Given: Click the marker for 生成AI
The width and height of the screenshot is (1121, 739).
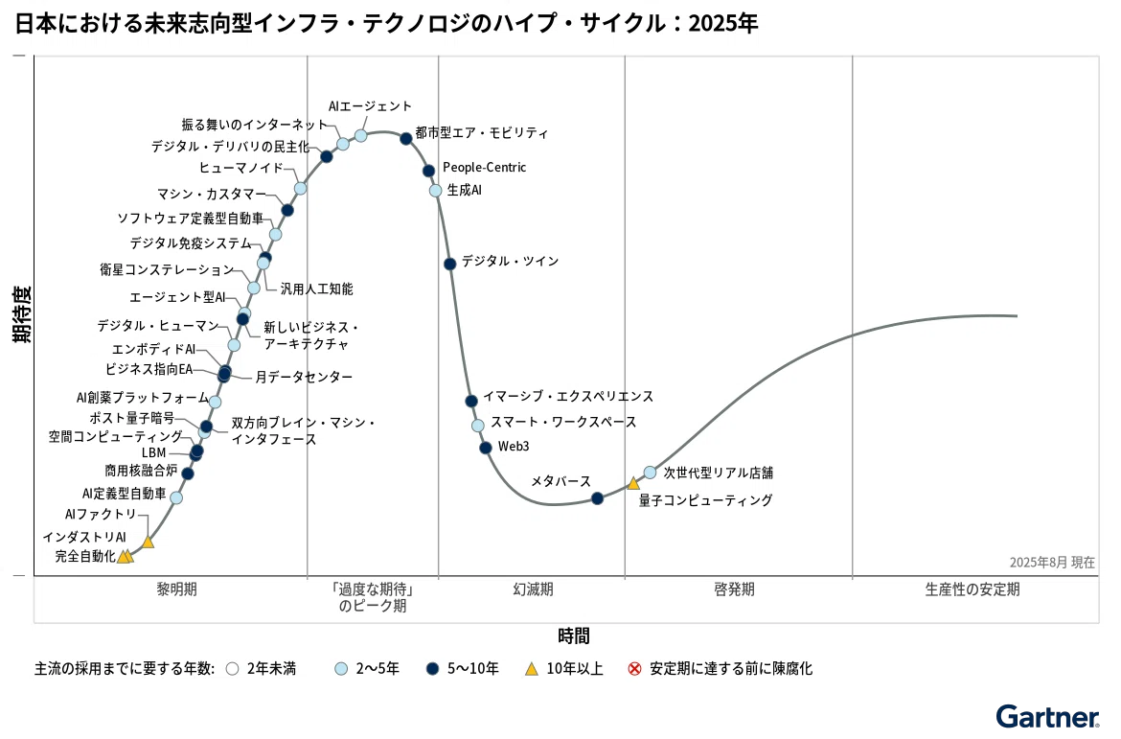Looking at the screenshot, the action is (435, 191).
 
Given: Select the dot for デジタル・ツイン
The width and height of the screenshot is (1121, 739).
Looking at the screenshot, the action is (449, 264).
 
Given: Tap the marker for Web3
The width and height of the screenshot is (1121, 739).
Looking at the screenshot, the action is (486, 448).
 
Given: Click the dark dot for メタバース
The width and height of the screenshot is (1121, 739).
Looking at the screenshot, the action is (597, 498).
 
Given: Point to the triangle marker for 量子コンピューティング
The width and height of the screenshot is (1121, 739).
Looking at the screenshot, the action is (633, 484).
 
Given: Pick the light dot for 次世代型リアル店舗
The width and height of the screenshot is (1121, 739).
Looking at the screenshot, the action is (650, 473).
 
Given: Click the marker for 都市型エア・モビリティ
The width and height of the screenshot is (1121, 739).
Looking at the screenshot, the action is (406, 139).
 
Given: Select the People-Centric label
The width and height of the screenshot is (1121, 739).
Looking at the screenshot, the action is (484, 168).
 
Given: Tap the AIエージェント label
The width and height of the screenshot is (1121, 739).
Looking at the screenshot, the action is (371, 105).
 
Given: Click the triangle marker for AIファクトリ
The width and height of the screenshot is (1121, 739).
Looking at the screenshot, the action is (148, 542).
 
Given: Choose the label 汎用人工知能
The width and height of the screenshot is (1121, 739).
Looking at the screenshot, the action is (317, 289).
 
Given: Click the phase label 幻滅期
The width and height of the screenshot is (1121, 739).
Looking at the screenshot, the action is (534, 589).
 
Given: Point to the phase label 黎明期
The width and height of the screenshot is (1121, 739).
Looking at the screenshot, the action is (176, 589).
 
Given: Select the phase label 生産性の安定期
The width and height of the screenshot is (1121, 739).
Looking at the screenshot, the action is (972, 589).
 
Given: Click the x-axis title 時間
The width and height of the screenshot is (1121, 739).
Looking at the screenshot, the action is (573, 635).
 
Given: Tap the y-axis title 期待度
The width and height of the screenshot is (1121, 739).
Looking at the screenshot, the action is (22, 314).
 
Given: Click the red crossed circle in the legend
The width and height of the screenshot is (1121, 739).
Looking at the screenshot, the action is (634, 669).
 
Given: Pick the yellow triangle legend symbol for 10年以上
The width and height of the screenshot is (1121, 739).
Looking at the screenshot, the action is (531, 669).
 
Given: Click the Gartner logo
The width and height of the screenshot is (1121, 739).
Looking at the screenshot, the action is (1048, 717).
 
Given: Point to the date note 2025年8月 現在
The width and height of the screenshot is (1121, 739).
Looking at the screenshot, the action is (1052, 563).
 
